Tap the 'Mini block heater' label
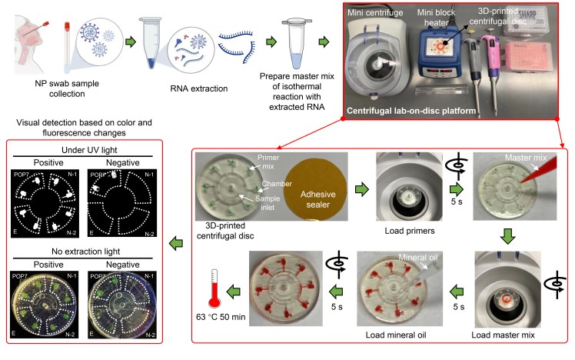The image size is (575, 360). (x=444, y=12)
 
